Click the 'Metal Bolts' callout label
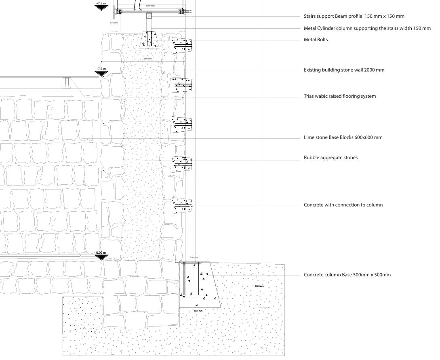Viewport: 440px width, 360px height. [x=316, y=40]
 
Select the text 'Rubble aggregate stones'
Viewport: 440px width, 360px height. [x=331, y=158]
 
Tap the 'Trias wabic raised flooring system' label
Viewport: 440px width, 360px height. [x=340, y=96]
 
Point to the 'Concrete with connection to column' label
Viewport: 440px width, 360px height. [x=343, y=205]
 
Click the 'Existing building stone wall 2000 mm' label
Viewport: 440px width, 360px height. [x=344, y=70]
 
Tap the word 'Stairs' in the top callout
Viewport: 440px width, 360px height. [x=311, y=16]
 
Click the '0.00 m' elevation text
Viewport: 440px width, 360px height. [x=101, y=253]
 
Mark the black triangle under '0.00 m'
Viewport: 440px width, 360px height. [x=101, y=257]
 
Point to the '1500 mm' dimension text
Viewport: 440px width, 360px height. [x=150, y=6]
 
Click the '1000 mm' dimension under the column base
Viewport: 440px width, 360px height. [x=198, y=311]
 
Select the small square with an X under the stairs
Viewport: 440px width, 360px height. [x=149, y=16]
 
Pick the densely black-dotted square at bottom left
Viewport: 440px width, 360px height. [x=83, y=315]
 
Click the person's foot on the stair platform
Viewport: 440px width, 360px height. [x=140, y=9]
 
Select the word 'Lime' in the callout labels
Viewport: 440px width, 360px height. [x=309, y=137]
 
